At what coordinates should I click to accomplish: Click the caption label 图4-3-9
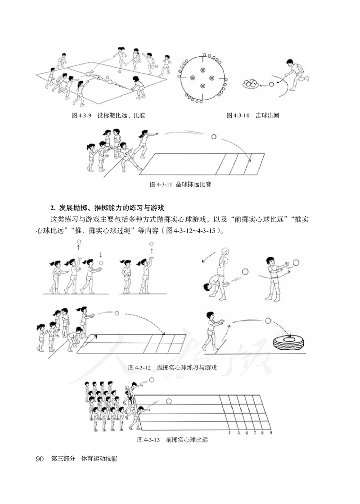click(x=81, y=116)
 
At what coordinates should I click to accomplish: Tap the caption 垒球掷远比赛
click(x=192, y=185)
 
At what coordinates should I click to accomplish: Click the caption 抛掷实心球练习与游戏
click(x=187, y=368)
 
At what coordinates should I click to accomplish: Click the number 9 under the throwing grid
click(x=271, y=433)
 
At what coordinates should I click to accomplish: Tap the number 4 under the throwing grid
click(x=229, y=433)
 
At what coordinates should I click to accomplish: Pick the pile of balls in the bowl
click(x=250, y=83)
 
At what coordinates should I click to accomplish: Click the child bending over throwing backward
click(x=215, y=279)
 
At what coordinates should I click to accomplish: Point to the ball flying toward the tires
click(x=269, y=321)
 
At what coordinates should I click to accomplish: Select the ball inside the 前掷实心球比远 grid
click(x=169, y=400)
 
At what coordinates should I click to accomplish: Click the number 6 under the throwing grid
click(x=247, y=433)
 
